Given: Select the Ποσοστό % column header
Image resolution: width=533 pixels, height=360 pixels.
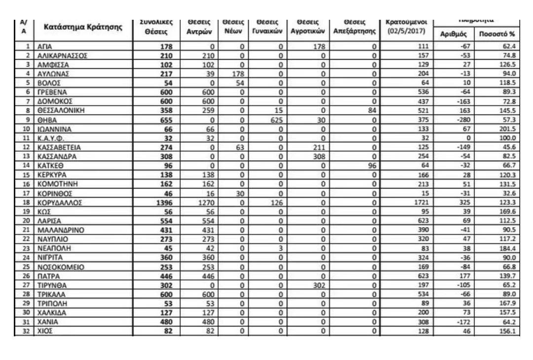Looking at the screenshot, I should [x=498, y=34].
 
